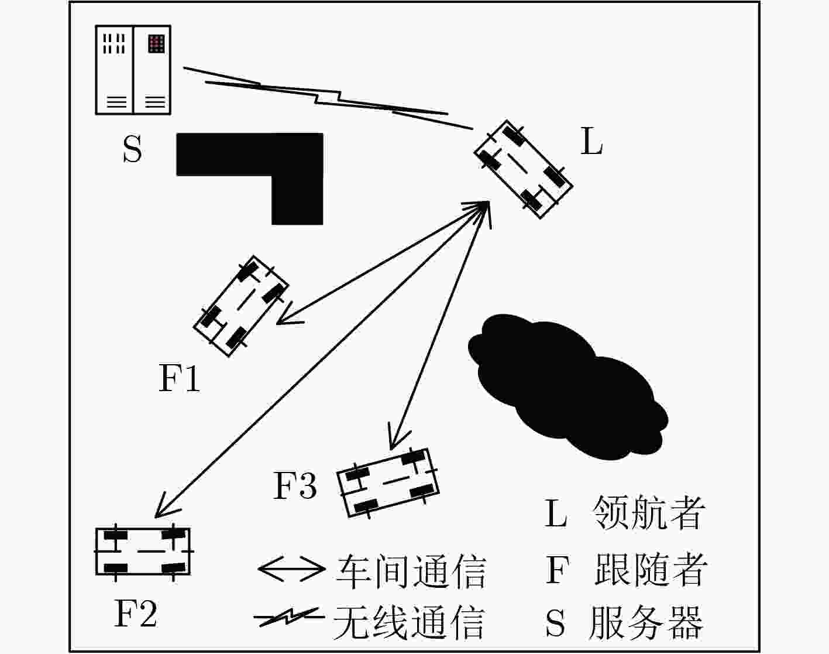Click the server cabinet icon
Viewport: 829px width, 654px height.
pyautogui.click(x=133, y=70)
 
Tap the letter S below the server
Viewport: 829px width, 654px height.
pyautogui.click(x=132, y=149)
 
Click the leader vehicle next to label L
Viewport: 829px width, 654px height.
pyautogui.click(x=524, y=169)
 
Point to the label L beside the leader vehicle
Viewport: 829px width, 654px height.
pyautogui.click(x=591, y=141)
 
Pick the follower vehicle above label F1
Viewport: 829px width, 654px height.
pyautogui.click(x=241, y=306)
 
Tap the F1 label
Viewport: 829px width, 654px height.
pyautogui.click(x=180, y=378)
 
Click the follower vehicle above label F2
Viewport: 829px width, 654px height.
pyautogui.click(x=143, y=552)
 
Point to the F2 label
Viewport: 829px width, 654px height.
pyautogui.click(x=136, y=614)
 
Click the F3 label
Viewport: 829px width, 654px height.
pyautogui.click(x=295, y=486)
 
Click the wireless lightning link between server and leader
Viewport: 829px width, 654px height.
pyautogui.click(x=328, y=98)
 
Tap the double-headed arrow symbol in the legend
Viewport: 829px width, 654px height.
pyautogui.click(x=292, y=569)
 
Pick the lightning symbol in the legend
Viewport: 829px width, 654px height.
pyautogui.click(x=289, y=617)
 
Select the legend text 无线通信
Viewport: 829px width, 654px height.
pyautogui.click(x=409, y=622)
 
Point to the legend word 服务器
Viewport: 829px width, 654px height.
pyautogui.click(x=646, y=623)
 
